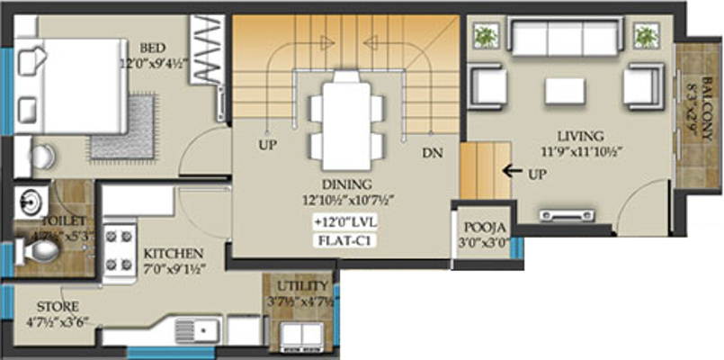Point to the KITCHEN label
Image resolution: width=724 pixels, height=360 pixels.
point(173,254)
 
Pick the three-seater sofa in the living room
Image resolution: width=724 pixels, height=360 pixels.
point(566,39)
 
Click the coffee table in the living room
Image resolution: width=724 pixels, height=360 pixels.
point(565,90)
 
